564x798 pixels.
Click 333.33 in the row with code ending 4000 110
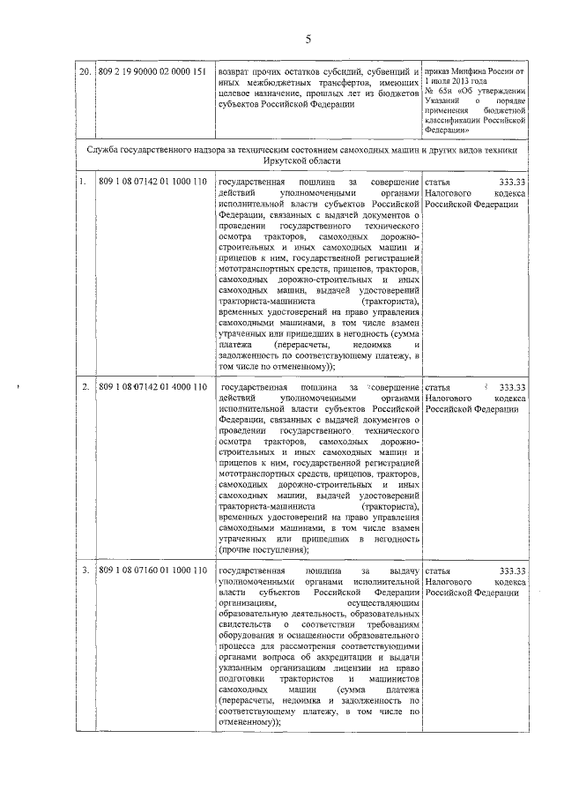[x=512, y=387]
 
